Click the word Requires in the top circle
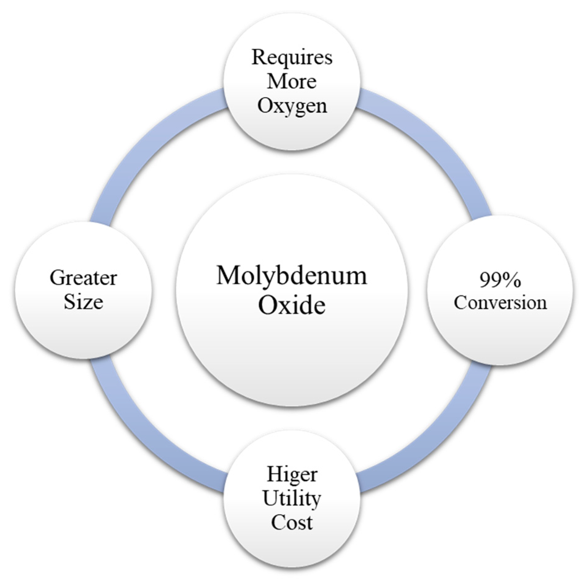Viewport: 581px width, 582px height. [292, 57]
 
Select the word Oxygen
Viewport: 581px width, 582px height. [292, 106]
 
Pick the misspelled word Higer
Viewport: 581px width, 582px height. [292, 474]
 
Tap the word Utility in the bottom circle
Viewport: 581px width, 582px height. [292, 498]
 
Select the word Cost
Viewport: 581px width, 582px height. [292, 522]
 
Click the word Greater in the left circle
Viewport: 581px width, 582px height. [83, 278]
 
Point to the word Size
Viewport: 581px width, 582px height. [83, 302]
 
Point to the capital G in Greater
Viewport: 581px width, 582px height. [57, 278]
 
